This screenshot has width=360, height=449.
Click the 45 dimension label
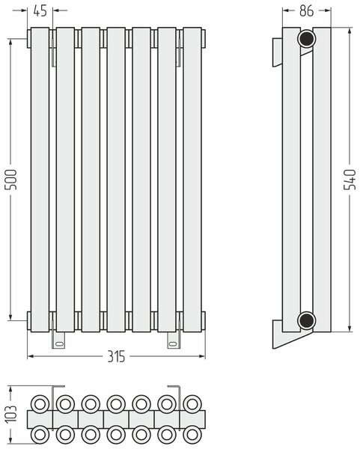click(x=40, y=11)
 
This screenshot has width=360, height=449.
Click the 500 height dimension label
click(x=11, y=180)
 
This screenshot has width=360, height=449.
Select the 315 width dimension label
click(x=116, y=356)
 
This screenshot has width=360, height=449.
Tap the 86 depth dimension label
click(x=306, y=11)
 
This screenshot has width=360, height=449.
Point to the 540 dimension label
click(x=350, y=180)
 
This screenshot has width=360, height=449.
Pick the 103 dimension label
click(x=11, y=414)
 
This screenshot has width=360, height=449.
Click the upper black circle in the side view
click(x=306, y=38)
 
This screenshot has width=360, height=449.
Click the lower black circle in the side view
click(x=306, y=321)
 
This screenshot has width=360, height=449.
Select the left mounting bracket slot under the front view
click(x=60, y=343)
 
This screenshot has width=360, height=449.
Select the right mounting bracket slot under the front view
click(x=174, y=343)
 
